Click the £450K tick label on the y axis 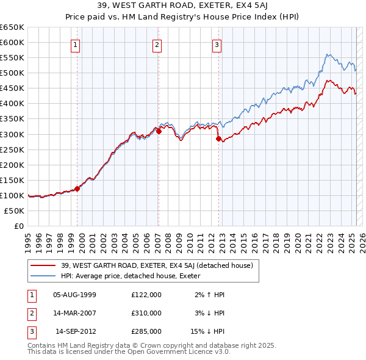point(12,88)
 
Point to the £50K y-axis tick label point(15,211)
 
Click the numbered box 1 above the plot point(75,44)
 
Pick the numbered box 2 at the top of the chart point(157,44)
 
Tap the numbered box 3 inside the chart point(217,44)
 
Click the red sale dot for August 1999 point(77,189)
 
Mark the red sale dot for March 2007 point(159,131)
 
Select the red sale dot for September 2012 point(218,139)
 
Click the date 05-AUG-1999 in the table point(75,295)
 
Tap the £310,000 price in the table point(146,313)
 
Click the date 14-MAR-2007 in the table point(75,313)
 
